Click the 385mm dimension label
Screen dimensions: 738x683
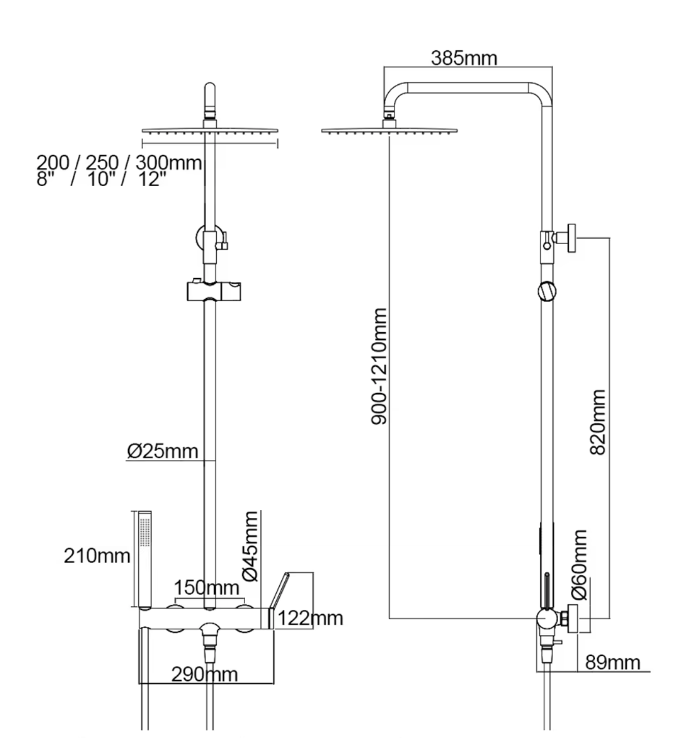[464, 57]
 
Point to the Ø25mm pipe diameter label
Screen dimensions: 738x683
[162, 451]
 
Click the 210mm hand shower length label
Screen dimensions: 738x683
[97, 556]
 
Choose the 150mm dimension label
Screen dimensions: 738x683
[206, 588]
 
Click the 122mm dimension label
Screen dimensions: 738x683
[310, 618]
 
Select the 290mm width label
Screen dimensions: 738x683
[204, 674]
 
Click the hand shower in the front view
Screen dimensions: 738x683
[145, 558]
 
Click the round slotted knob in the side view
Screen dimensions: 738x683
[547, 291]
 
